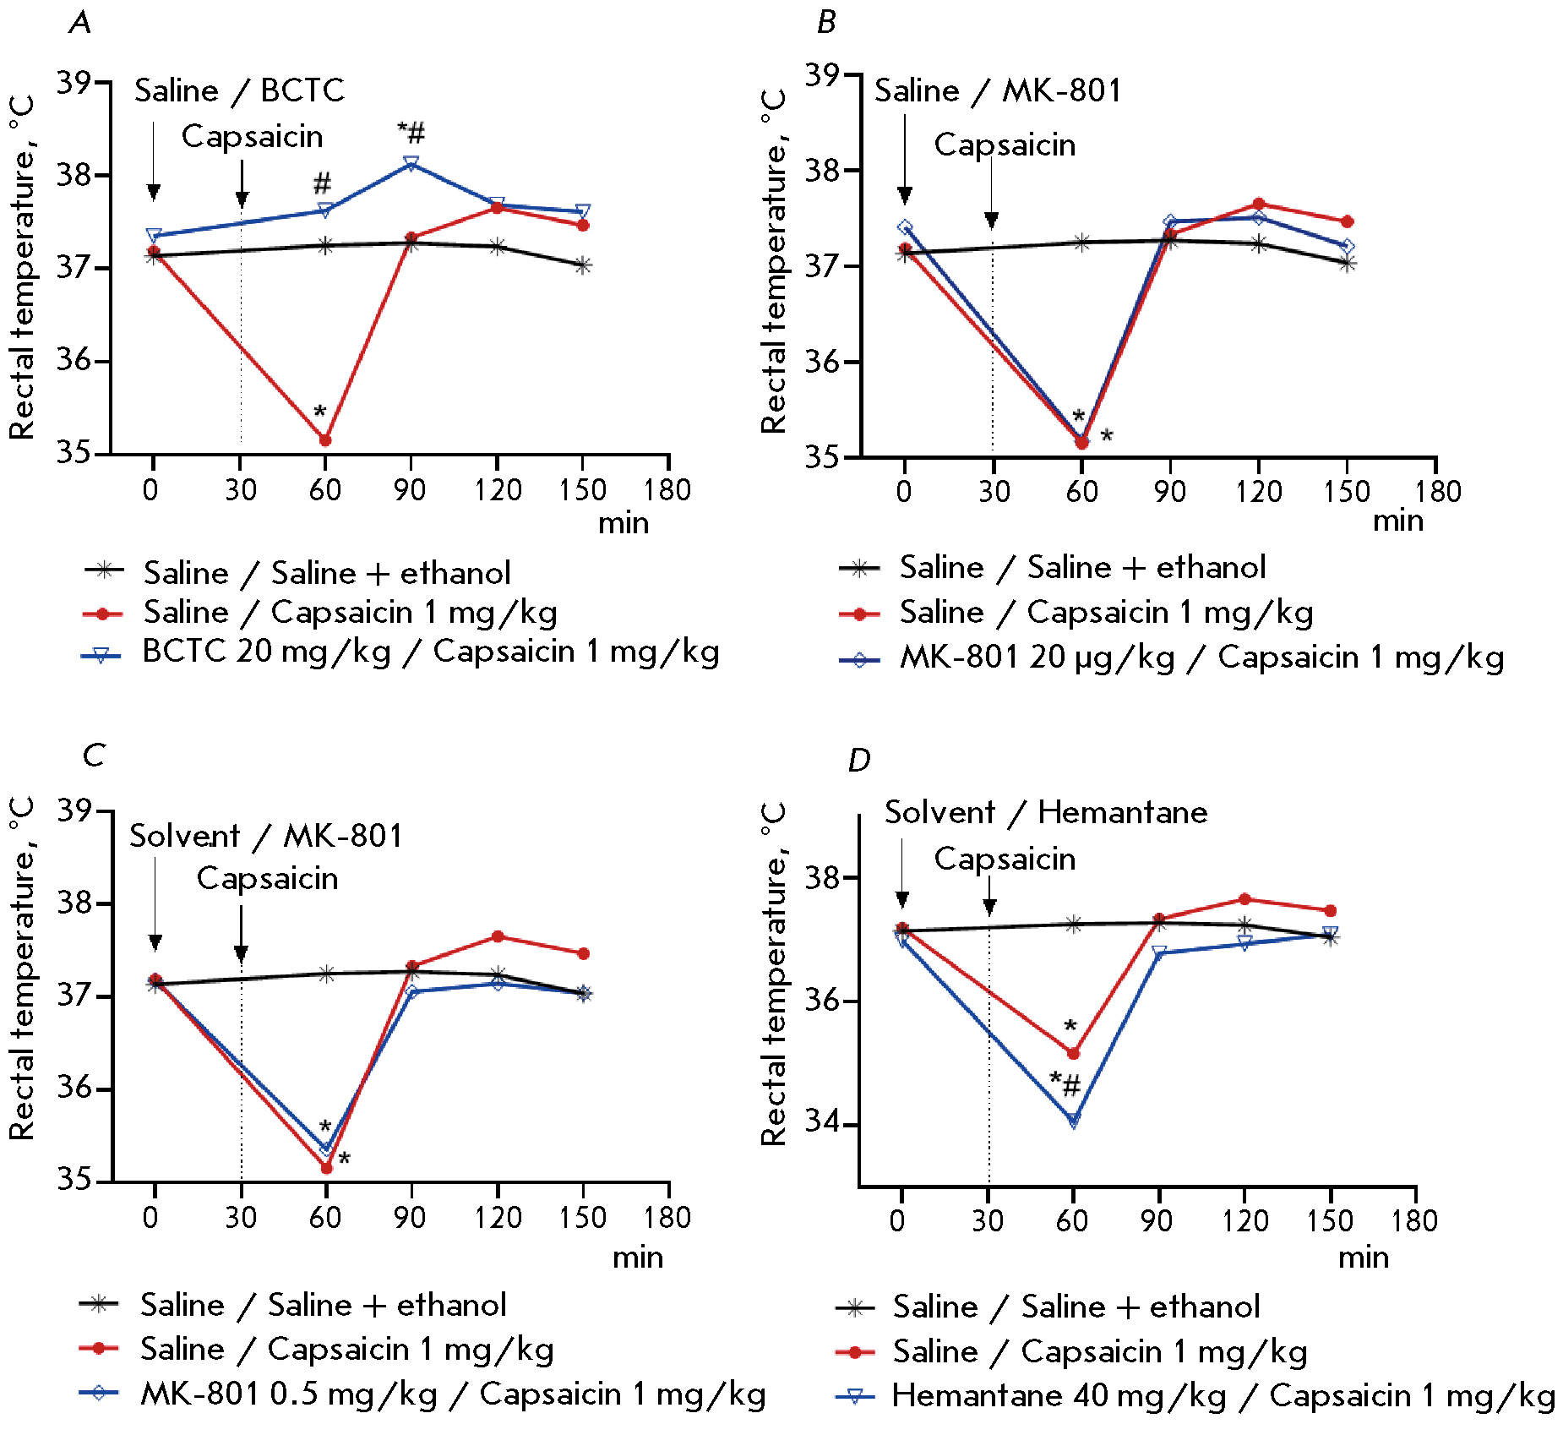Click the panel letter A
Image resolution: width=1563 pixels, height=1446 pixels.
[x=80, y=22]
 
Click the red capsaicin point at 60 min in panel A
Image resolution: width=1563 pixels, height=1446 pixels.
[x=325, y=439]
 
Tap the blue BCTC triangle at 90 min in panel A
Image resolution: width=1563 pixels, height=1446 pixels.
[x=411, y=162]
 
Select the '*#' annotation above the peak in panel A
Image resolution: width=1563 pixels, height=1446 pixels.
[x=411, y=133]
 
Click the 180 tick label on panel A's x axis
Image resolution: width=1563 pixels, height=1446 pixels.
[x=667, y=490]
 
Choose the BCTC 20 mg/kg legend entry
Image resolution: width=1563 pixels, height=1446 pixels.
[x=430, y=652]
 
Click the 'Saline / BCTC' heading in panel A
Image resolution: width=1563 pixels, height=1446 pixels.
[x=239, y=90]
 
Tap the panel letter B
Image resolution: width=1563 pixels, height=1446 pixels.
[x=826, y=23]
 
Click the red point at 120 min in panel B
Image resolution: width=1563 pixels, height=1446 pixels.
[x=1259, y=204]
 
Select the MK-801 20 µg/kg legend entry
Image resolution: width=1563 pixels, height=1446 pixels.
[x=1201, y=658]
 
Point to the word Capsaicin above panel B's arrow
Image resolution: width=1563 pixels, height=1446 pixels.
[x=1005, y=145]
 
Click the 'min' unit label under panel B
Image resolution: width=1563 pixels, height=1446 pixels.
[x=1397, y=521]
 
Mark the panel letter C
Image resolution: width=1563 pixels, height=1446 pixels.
[x=93, y=755]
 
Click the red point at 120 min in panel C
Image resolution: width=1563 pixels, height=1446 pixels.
[x=498, y=936]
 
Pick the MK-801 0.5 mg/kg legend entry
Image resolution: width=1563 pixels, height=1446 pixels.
[x=453, y=1394]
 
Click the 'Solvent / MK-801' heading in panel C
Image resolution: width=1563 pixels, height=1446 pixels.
[x=266, y=836]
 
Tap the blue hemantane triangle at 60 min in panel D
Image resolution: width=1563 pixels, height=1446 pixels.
[x=1073, y=1121]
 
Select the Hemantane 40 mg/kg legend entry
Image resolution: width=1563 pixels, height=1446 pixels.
[x=1223, y=1396]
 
